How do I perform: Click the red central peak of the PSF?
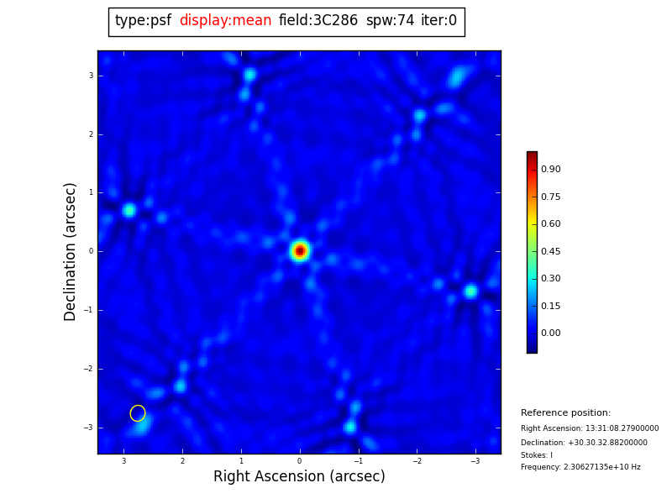click(300, 250)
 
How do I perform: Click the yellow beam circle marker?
click(138, 413)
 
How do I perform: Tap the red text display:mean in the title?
click(225, 21)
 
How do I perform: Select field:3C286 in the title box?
click(318, 21)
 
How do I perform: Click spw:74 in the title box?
click(390, 21)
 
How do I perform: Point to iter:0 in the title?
click(438, 21)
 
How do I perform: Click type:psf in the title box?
click(143, 21)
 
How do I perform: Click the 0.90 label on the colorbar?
click(551, 170)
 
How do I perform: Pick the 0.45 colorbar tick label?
click(551, 251)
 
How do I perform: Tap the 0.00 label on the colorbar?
click(551, 333)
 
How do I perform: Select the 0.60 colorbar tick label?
click(551, 224)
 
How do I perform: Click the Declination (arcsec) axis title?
click(71, 251)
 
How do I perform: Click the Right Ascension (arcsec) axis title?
click(299, 477)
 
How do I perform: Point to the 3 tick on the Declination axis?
click(91, 76)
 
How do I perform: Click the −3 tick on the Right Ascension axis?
click(475, 461)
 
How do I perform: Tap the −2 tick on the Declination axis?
click(88, 369)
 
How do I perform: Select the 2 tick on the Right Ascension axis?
click(182, 461)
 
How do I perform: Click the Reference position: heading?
click(565, 413)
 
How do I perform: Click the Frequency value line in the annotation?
click(580, 467)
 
